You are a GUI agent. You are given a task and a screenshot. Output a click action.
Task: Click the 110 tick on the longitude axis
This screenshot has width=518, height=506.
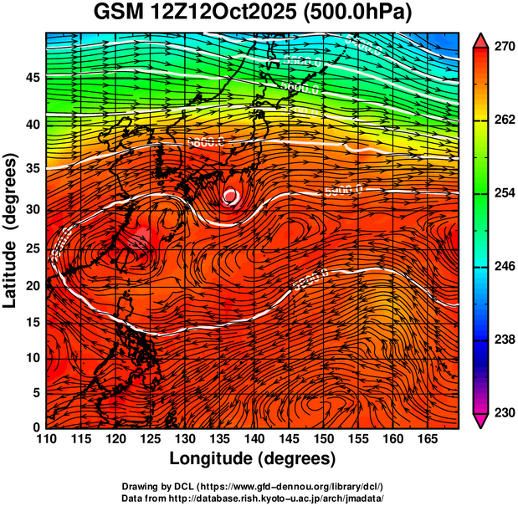pos(47,438)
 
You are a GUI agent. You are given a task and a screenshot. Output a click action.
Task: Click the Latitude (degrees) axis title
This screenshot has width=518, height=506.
pos(12,229)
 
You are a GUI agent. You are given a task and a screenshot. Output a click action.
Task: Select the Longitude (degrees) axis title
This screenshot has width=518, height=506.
pos(253,458)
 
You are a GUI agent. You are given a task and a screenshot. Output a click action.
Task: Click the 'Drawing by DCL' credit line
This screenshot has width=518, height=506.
pos(253,485)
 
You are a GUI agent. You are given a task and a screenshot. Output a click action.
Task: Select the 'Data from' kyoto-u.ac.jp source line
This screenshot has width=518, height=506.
pos(253,497)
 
